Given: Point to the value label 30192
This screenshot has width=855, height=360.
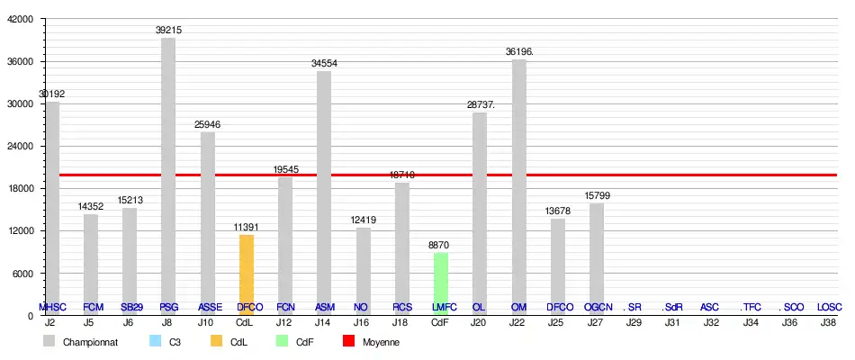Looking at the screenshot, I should (x=51, y=94).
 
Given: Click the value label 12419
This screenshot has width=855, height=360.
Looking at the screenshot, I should (x=363, y=220).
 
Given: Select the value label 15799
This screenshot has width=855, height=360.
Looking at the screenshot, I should (x=598, y=195).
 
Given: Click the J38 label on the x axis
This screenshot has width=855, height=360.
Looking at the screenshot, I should (x=829, y=321).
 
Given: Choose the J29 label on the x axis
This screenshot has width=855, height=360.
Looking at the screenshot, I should (x=634, y=321).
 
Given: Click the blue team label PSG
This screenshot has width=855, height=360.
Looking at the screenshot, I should (x=168, y=307).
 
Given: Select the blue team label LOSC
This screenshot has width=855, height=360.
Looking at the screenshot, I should (x=829, y=307).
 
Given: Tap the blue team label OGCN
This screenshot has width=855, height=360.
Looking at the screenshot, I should (x=598, y=307).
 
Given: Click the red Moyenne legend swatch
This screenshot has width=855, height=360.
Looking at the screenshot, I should (x=346, y=342).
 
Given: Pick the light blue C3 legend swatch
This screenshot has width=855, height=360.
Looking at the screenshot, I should (x=154, y=342).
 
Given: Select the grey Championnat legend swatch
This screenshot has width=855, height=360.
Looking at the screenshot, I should (x=49, y=342).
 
